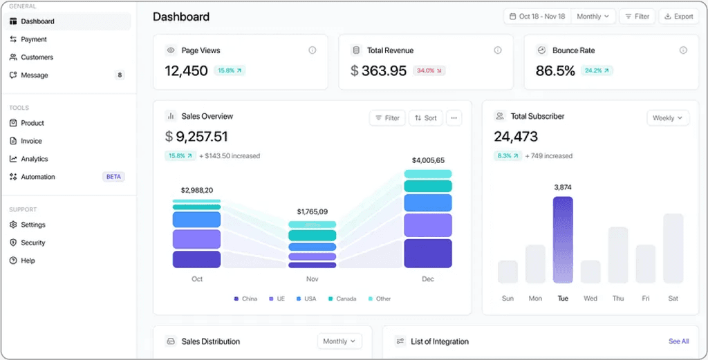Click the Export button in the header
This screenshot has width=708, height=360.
pos(679,17)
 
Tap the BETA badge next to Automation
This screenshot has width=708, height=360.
pos(113,177)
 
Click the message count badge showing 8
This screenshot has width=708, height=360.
pos(120,75)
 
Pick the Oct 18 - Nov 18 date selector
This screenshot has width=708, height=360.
pos(537,17)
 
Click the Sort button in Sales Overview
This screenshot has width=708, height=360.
pos(426,118)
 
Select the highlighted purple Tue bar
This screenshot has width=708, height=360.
pos(563,240)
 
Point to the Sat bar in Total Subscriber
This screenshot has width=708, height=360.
pos(673,248)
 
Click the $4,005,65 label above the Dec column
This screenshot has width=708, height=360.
pos(428,160)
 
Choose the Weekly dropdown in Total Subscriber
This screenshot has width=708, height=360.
pos(668,118)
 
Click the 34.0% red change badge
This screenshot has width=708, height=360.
pos(429,71)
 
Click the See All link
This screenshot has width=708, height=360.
pos(679,341)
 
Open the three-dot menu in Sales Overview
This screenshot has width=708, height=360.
pos(454,118)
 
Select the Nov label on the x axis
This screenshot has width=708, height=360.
pos(312,279)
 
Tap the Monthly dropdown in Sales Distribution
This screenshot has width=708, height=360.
pos(339,341)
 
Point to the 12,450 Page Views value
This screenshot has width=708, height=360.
pos(186,71)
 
